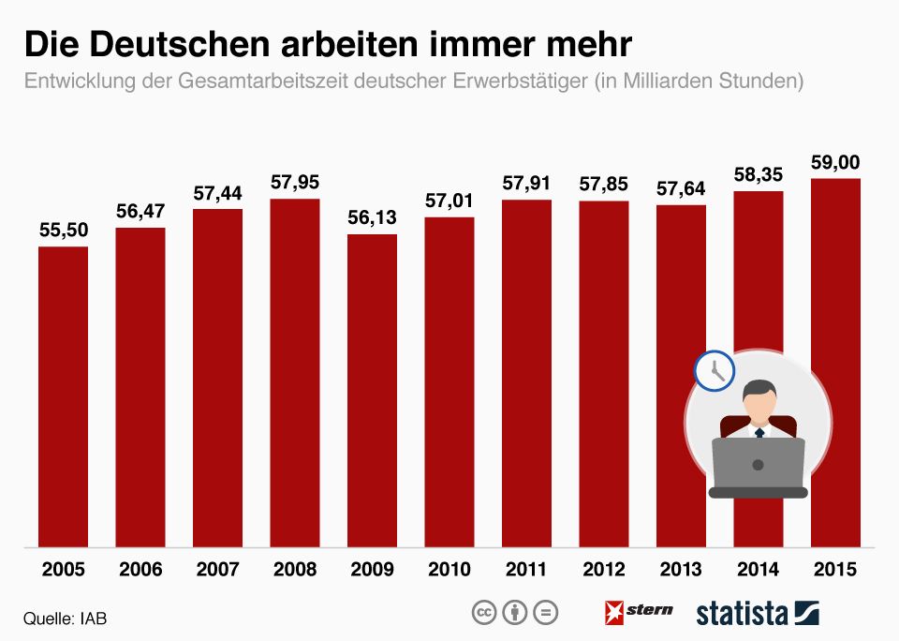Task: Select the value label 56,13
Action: coord(372,217)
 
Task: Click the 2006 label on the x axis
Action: coord(140,570)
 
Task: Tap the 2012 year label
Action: coord(603,570)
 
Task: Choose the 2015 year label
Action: coord(835,570)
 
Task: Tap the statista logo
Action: coord(757,613)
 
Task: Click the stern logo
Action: coord(639,611)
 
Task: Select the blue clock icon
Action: coord(714,369)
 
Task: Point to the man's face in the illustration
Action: coord(758,402)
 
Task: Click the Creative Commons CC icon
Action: coord(483,613)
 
